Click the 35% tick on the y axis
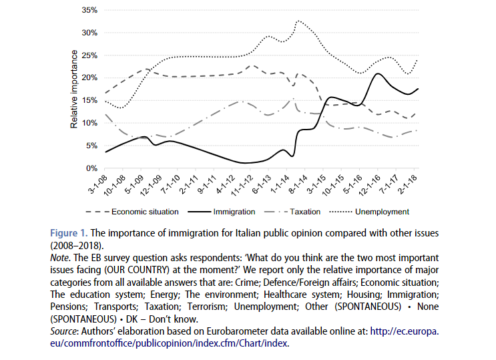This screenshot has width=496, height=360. tap(89, 11)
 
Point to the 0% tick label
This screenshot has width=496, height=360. tap(92, 168)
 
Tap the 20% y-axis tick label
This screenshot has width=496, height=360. tap(89, 77)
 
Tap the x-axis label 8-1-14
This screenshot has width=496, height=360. tap(295, 182)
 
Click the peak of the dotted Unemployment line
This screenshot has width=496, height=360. tap(297, 21)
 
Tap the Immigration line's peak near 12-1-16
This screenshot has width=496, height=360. tap(378, 73)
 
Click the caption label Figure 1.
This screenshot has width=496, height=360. tap(68, 233)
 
